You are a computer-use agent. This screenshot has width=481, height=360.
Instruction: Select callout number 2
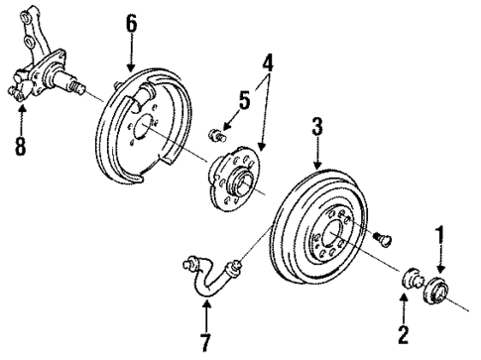[404, 335]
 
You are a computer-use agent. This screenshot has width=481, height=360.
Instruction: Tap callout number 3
[316, 126]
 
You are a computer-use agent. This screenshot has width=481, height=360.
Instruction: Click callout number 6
[131, 21]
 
